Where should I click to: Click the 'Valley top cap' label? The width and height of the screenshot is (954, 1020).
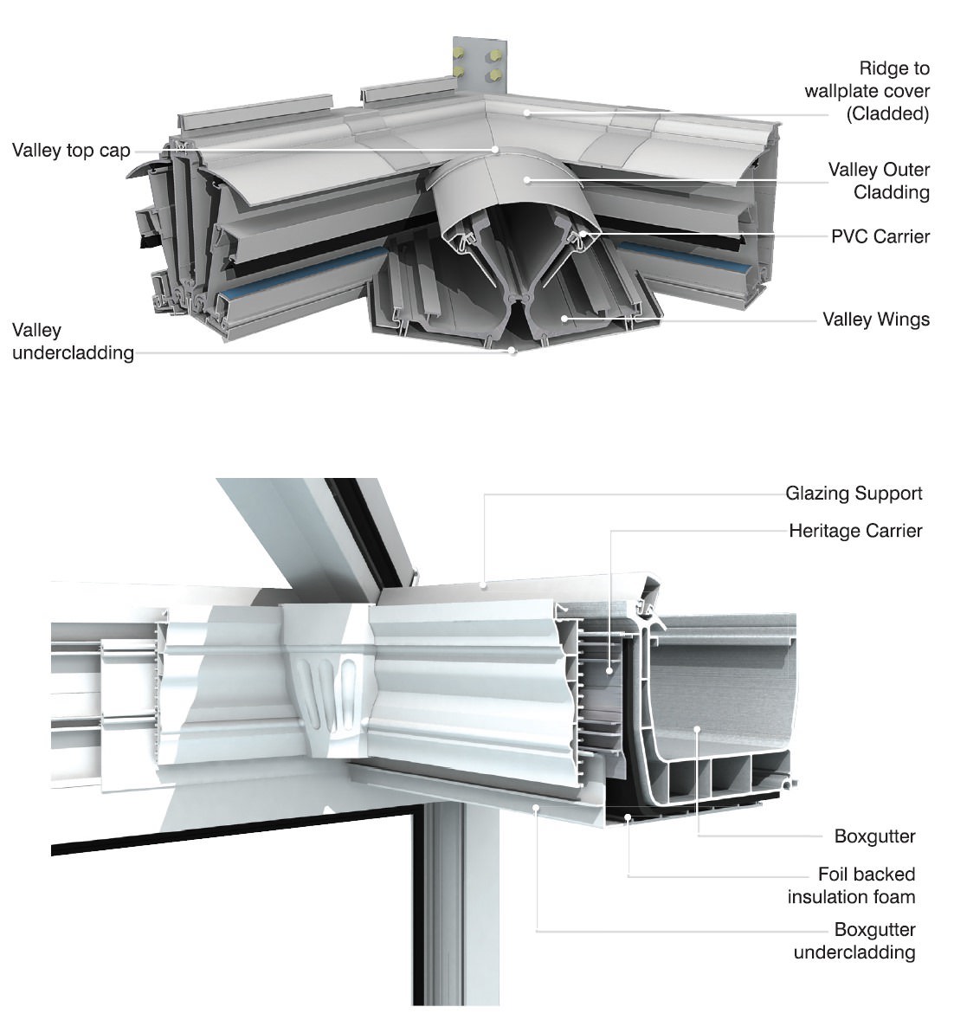tap(71, 151)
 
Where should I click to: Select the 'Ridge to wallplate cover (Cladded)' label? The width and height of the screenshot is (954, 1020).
tap(867, 91)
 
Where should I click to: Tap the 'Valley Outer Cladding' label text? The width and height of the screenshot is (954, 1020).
tap(878, 181)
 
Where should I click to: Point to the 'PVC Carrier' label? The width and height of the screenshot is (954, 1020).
tap(880, 236)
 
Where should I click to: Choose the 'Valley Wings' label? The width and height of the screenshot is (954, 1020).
tap(875, 320)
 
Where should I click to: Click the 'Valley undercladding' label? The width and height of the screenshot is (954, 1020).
tap(73, 341)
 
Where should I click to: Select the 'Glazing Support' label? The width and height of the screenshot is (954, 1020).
tap(853, 494)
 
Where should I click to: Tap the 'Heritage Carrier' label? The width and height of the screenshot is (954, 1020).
tap(854, 531)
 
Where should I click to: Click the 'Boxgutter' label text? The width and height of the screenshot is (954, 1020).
tap(874, 836)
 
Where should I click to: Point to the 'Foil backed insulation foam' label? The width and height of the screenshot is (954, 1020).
tap(851, 886)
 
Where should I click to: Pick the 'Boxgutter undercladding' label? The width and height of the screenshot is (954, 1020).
tap(854, 941)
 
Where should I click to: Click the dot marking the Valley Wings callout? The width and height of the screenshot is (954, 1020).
tap(564, 319)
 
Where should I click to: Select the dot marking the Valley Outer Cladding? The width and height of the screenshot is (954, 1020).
tap(525, 180)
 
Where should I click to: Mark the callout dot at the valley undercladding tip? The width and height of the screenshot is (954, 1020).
tap(512, 351)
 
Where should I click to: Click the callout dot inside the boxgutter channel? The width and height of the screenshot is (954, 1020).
tap(697, 730)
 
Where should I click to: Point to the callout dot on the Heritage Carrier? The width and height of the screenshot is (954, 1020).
tap(611, 669)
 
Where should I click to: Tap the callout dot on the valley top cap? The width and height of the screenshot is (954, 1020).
tap(495, 150)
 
